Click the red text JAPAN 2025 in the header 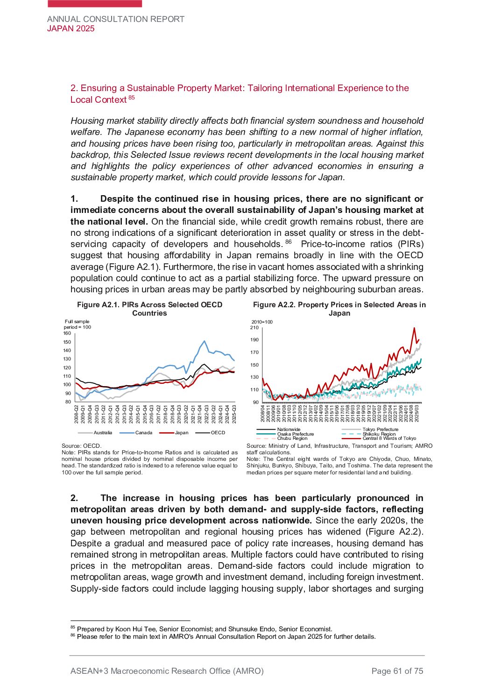click(71, 28)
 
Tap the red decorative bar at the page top click(95, 3)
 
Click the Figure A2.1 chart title click(149, 309)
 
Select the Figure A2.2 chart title click(339, 309)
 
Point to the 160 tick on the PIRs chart click(67, 333)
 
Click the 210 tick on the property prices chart click(254, 327)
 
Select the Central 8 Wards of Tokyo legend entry click(389, 438)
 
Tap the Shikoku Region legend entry click(379, 434)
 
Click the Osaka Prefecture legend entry click(295, 434)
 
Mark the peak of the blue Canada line click(205, 341)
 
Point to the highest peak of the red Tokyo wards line click(414, 328)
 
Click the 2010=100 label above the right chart click(262, 322)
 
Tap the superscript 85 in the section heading click(132, 98)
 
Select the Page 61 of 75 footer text click(397, 671)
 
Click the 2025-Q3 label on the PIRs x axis click(234, 414)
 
